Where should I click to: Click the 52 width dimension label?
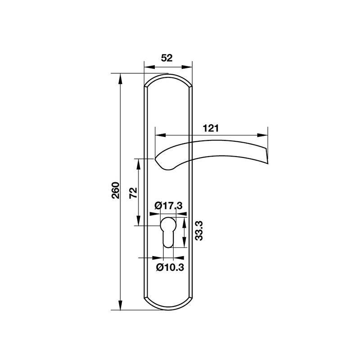tap(167, 58)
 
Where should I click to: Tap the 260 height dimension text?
tap(115, 191)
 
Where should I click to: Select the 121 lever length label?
tap(211, 128)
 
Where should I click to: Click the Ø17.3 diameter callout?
tap(168, 206)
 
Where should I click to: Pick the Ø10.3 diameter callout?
tap(170, 267)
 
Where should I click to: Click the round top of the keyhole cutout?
tap(168, 224)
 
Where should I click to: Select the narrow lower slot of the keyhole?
tap(168, 239)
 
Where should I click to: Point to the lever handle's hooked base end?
tap(165, 166)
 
